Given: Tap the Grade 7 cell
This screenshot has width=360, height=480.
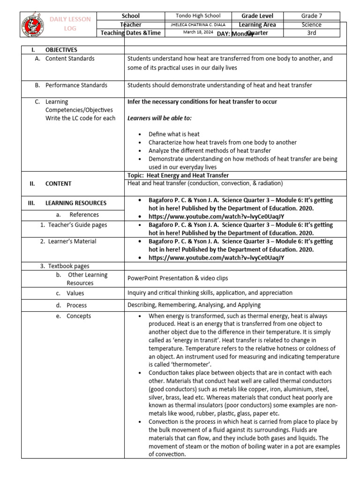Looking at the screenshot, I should (311, 16).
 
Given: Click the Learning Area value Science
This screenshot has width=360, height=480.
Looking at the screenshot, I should (311, 25).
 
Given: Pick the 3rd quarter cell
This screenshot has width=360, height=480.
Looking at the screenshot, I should (311, 33).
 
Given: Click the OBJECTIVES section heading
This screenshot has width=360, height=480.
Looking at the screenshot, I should (61, 50).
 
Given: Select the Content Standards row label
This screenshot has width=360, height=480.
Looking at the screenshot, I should (70, 59).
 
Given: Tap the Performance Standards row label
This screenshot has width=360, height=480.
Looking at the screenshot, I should (76, 85).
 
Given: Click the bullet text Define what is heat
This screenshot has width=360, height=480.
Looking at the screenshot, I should (174, 134).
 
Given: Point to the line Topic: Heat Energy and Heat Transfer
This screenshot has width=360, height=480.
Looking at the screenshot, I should (178, 175).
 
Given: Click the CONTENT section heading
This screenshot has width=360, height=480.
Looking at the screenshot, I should (58, 184).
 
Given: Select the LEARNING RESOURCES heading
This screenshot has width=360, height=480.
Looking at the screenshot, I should (75, 203).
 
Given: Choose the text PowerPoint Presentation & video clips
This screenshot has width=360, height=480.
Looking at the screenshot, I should (178, 278).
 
